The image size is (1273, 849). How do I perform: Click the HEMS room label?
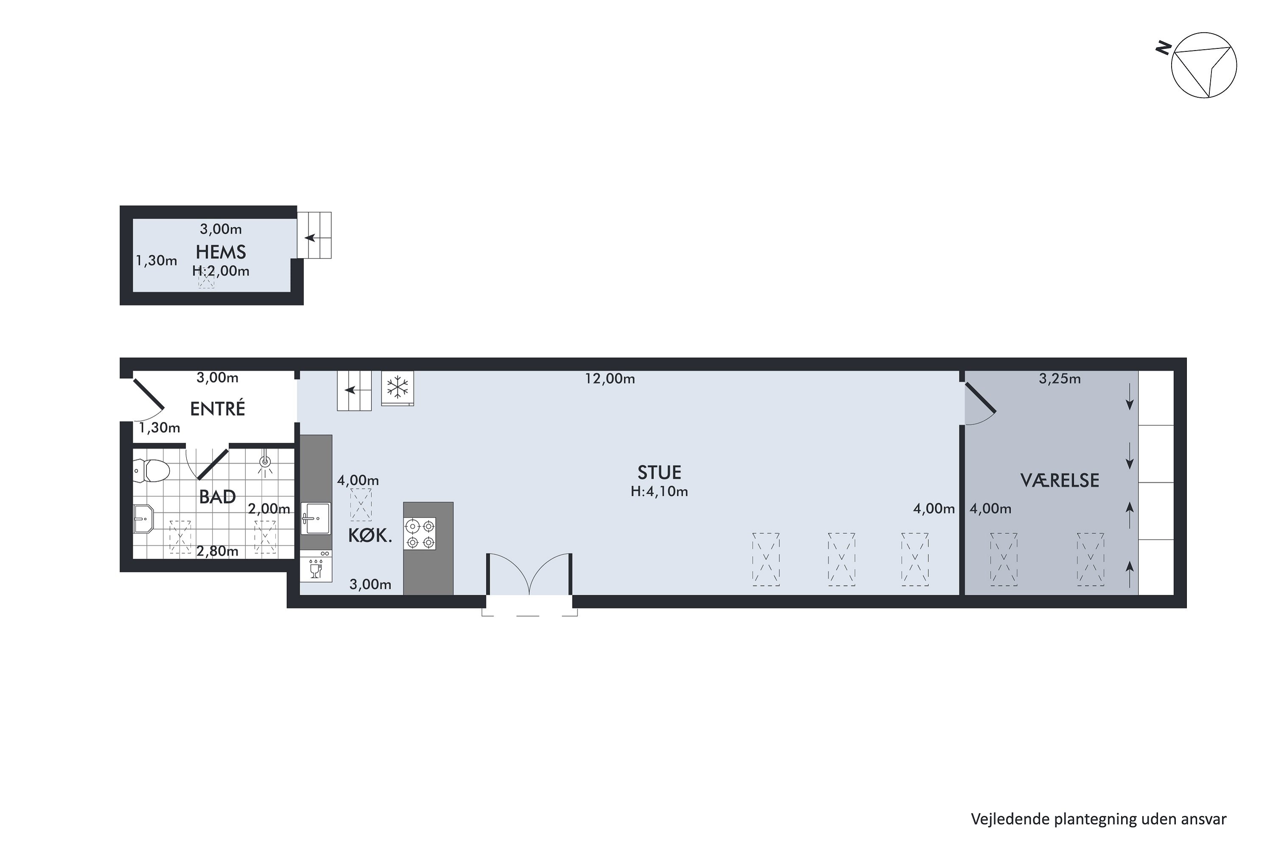pos(221,252)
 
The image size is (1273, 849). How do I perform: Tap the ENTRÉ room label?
pos(218,408)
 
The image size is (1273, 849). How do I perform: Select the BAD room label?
pos(218,497)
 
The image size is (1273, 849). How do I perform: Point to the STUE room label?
pos(659,473)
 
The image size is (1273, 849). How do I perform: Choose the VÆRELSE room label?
pos(1060,480)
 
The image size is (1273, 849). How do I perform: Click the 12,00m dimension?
pos(610,379)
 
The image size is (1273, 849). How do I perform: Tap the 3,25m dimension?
pos(1060,379)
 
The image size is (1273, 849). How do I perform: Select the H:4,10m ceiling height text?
pos(659,492)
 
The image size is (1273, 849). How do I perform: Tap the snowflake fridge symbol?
pos(398,388)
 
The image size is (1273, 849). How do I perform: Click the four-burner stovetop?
pos(420,534)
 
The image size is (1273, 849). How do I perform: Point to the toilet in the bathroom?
pos(147,470)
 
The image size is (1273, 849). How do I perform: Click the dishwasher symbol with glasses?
pos(316,566)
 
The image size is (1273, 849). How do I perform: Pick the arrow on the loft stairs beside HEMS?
pos(310,238)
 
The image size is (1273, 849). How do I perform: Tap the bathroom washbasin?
pos(144,519)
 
